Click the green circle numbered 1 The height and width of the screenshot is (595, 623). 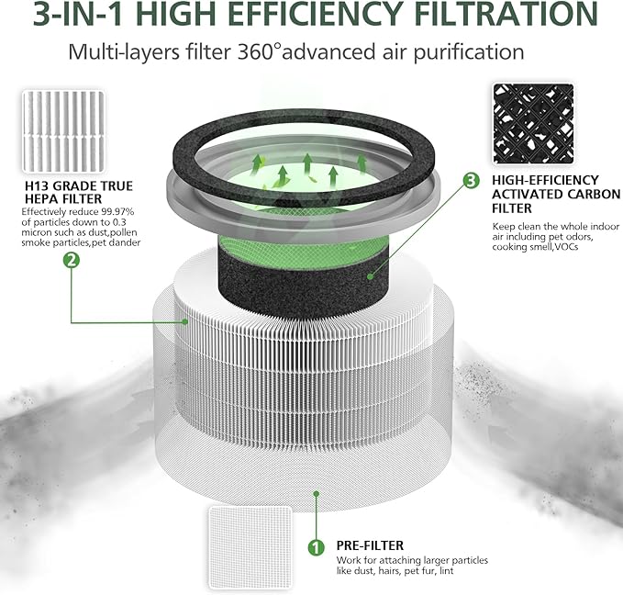pos(317,548)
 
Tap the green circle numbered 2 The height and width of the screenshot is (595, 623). pos(71,261)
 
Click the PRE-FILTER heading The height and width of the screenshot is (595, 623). pos(370,545)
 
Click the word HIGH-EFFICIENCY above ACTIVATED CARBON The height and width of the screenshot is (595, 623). pos(545,180)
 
